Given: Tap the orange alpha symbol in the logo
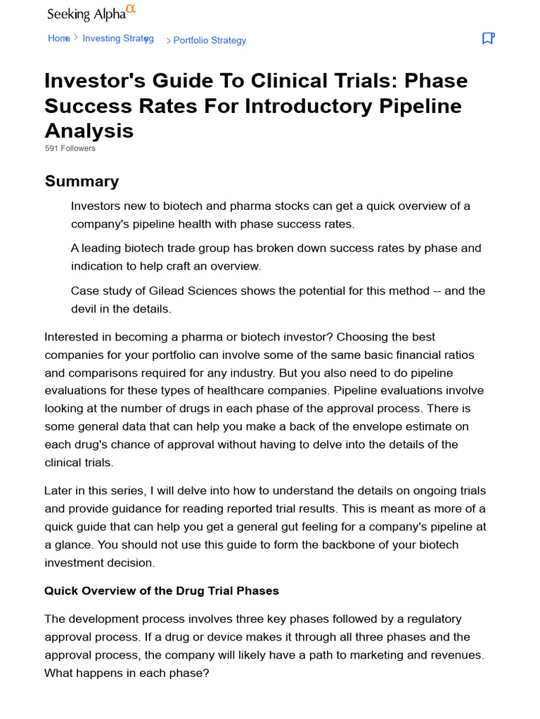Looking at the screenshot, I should (x=130, y=9).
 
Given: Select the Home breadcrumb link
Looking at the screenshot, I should (x=58, y=39).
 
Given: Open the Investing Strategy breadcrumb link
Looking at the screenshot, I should (x=118, y=39).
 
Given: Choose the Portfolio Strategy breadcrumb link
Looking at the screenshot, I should (x=210, y=41).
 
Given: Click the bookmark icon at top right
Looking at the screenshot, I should (x=488, y=39).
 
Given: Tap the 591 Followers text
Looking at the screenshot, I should (x=70, y=148).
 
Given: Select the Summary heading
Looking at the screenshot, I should (x=82, y=181).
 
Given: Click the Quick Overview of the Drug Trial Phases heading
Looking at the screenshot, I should (x=162, y=591).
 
